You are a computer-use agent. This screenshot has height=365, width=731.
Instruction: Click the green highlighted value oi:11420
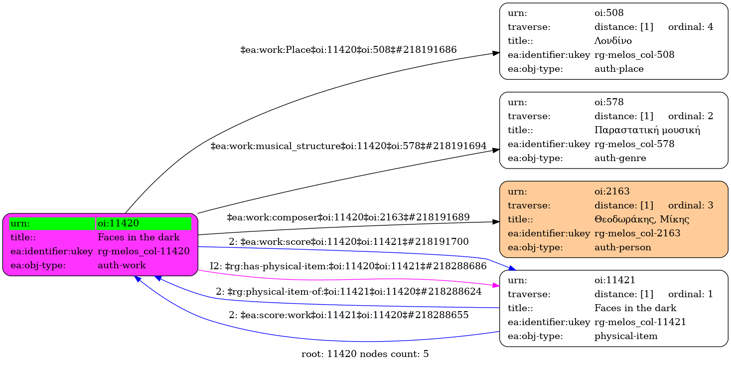[x=118, y=223]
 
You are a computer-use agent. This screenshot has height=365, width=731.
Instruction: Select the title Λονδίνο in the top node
[x=613, y=40]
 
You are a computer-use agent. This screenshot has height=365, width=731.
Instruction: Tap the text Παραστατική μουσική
[x=647, y=130]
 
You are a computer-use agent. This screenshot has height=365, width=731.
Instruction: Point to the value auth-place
[x=619, y=69]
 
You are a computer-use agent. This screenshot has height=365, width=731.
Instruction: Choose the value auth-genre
[x=620, y=158]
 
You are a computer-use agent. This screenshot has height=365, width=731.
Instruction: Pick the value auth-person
[x=622, y=247]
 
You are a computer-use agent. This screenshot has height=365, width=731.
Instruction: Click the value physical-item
[x=626, y=336]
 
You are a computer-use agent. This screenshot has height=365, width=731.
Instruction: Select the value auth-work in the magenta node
[x=122, y=265]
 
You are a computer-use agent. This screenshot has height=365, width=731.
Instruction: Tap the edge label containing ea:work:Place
[x=348, y=50]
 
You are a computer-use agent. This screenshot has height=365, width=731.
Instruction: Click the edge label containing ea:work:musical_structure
[x=348, y=146]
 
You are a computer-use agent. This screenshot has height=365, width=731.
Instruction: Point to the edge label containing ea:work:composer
[x=348, y=217]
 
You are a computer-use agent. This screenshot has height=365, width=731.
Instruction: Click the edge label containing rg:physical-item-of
[x=348, y=291]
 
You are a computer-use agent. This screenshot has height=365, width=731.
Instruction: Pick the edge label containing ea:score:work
[x=348, y=315]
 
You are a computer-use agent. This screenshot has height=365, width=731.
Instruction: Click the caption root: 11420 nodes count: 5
[x=365, y=354]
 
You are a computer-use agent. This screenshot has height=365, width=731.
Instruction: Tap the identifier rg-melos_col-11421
[x=640, y=322]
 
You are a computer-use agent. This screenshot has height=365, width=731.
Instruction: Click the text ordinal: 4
[x=691, y=26]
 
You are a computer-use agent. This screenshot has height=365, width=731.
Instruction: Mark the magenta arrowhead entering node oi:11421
[x=495, y=286]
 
